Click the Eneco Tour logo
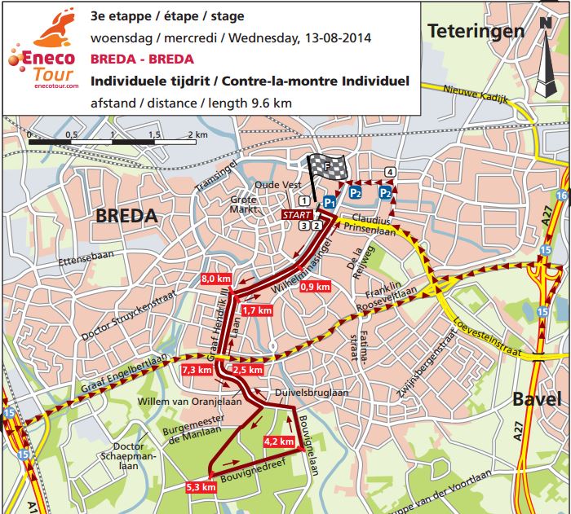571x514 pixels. coord(42,54)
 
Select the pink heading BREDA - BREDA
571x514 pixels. coord(143,59)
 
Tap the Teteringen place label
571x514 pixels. coord(476,32)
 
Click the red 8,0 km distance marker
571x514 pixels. coord(216,279)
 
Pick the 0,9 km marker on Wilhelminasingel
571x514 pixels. coord(315,286)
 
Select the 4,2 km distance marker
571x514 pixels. coord(277,441)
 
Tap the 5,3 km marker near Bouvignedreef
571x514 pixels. coord(201,487)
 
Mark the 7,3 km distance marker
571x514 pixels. coord(197,370)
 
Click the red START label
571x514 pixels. coord(295,214)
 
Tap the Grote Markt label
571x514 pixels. coord(243,204)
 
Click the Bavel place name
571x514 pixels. coord(537,399)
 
